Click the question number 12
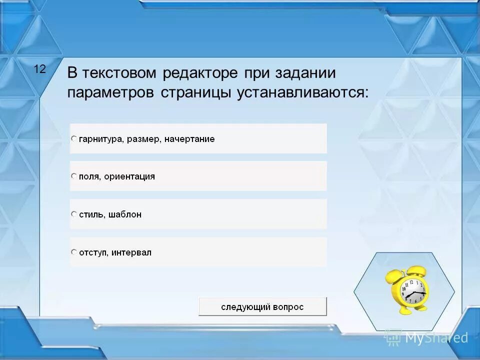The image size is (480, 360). click(x=39, y=69)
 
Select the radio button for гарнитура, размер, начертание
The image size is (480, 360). click(x=74, y=138)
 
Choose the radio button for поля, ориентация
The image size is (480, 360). click(x=74, y=176)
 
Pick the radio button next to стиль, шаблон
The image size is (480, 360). click(x=74, y=214)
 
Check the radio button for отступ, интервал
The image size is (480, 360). click(x=74, y=252)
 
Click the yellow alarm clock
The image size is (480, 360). click(x=407, y=290)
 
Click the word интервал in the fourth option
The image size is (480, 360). click(x=131, y=252)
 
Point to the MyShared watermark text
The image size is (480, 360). click(x=436, y=338)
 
